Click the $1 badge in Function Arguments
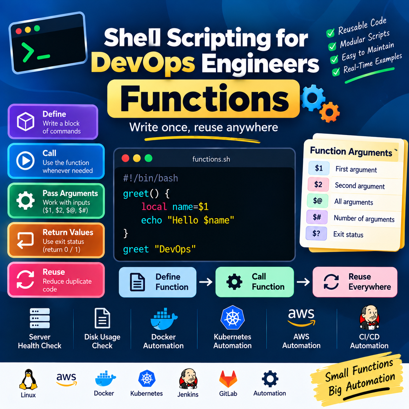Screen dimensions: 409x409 pyautogui.click(x=319, y=168)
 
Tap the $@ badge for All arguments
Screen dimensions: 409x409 pyautogui.click(x=318, y=201)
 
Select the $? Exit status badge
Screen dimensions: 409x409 pyautogui.click(x=316, y=234)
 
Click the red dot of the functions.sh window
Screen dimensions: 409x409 pyautogui.click(x=126, y=158)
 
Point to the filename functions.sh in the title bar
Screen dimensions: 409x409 pyautogui.click(x=211, y=159)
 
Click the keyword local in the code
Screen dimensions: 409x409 pyautogui.click(x=154, y=206)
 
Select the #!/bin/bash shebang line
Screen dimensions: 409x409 pyautogui.click(x=150, y=178)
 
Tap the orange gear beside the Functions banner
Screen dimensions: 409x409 pyautogui.click(x=330, y=112)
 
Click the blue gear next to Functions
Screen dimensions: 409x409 pyautogui.click(x=312, y=98)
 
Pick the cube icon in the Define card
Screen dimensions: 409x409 pyautogui.click(x=25, y=121)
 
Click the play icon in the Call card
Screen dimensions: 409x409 pyautogui.click(x=25, y=161)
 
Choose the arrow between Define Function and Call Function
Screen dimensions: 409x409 pyautogui.click(x=206, y=282)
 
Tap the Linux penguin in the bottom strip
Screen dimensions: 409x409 pyautogui.click(x=28, y=380)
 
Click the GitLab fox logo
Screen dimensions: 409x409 pyautogui.click(x=228, y=379)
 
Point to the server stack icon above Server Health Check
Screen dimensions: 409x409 pyautogui.click(x=40, y=318)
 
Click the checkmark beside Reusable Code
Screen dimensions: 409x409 pyautogui.click(x=330, y=33)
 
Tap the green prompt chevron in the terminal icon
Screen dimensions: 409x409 pyautogui.click(x=28, y=53)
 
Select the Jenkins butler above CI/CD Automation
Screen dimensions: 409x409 pyautogui.click(x=370, y=318)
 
